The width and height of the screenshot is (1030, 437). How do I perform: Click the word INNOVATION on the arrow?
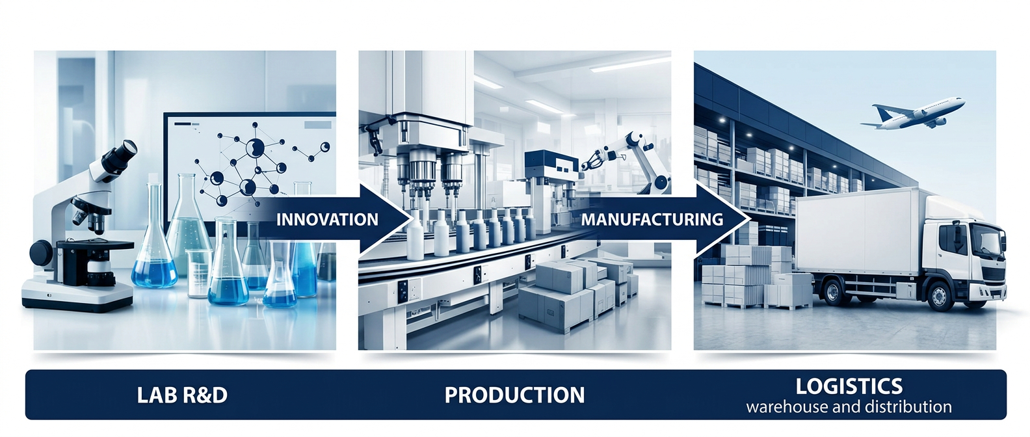point(327,219)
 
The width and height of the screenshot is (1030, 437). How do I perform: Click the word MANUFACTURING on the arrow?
point(652,219)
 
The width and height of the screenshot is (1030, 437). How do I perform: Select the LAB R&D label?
point(182,395)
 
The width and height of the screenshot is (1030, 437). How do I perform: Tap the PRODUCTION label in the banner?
point(514,395)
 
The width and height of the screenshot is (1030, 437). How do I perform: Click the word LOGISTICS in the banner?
point(849,386)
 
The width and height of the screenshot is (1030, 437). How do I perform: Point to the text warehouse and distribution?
point(849,407)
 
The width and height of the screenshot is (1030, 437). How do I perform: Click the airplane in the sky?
point(912,114)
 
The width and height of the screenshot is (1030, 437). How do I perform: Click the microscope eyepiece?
point(124,152)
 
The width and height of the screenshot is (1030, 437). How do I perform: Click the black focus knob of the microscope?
point(42,254)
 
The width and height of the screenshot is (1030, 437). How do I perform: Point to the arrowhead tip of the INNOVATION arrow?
point(413,219)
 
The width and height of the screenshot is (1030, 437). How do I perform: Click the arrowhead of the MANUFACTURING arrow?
point(722,219)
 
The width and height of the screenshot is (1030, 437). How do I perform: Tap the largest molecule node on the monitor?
point(255,148)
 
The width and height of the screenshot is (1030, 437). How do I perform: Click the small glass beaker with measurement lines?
point(199,274)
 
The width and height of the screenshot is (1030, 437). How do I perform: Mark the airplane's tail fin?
point(881,113)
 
